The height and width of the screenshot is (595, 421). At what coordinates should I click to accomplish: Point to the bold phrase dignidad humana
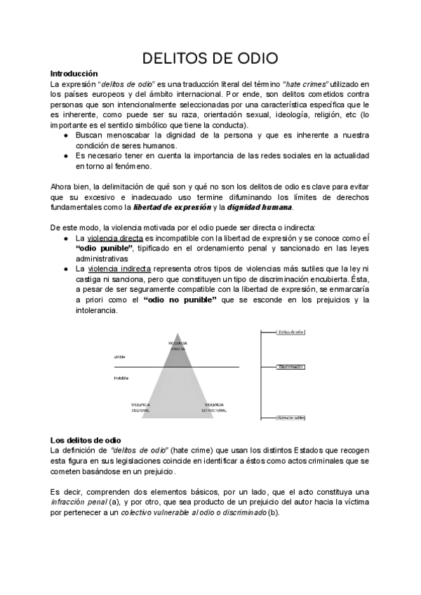tap(263, 208)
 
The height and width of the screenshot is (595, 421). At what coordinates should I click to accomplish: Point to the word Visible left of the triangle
tap(119, 356)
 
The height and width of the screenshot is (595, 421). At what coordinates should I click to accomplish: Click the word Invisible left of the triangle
tap(121, 378)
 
